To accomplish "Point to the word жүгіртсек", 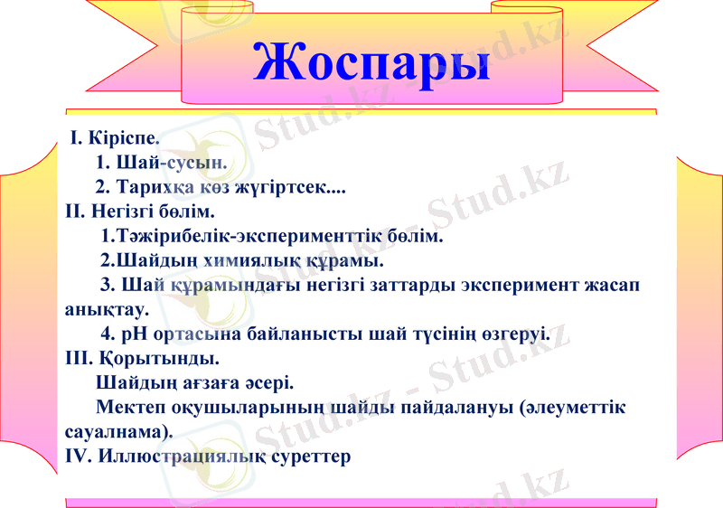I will tap(291, 188).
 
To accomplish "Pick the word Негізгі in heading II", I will tap(125, 213).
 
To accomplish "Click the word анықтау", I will tap(107, 309).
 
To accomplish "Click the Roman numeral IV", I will tap(79, 456).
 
